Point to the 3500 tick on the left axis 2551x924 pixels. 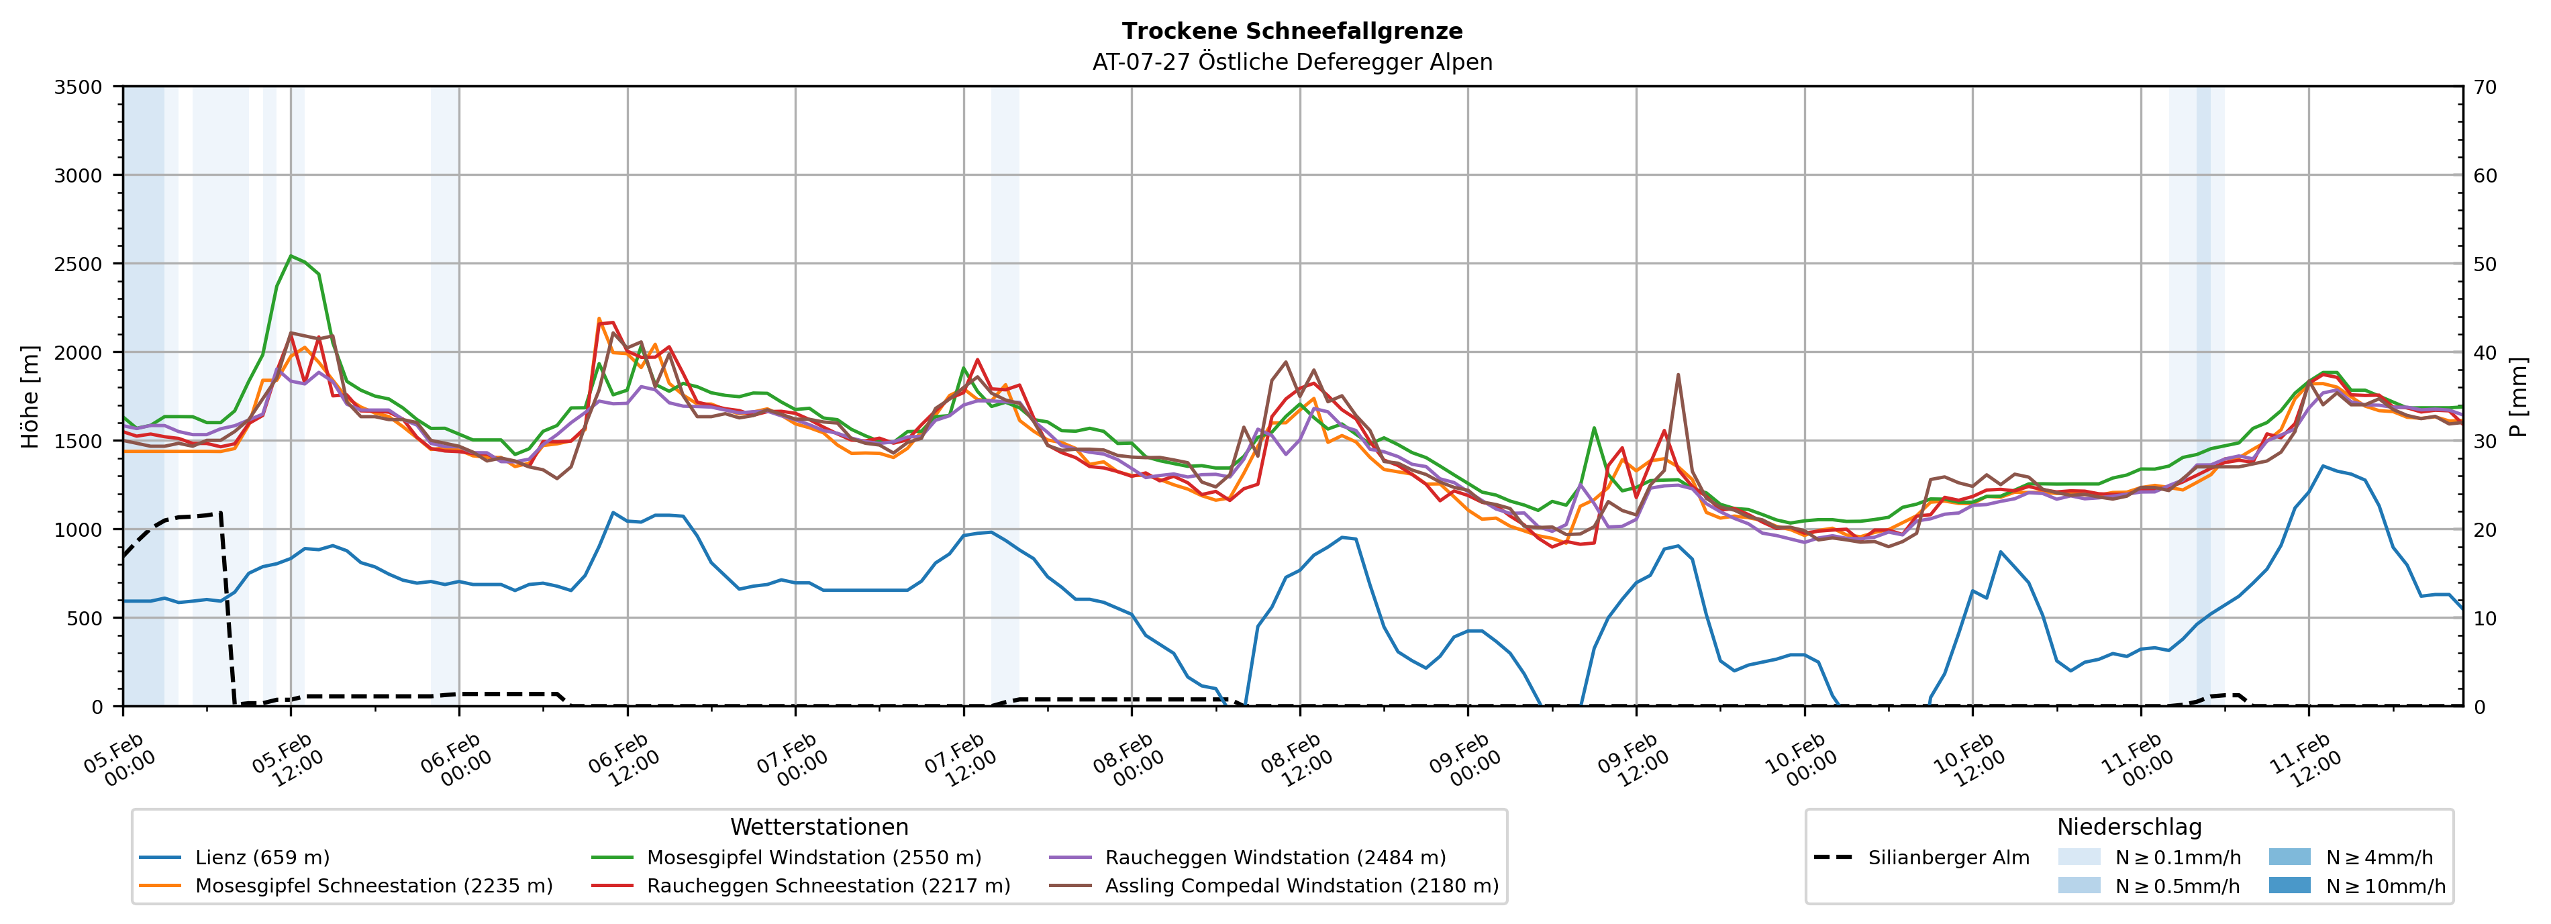[79, 87]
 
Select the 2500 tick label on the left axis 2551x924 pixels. [79, 264]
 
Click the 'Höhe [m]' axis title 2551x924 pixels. [31, 396]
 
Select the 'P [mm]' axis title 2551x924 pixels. [2518, 396]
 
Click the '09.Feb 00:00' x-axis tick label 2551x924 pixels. [1466, 760]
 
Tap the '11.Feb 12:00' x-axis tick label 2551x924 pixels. [2307, 760]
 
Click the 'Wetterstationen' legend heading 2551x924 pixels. [819, 827]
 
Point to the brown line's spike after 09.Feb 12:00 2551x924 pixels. [1679, 374]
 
